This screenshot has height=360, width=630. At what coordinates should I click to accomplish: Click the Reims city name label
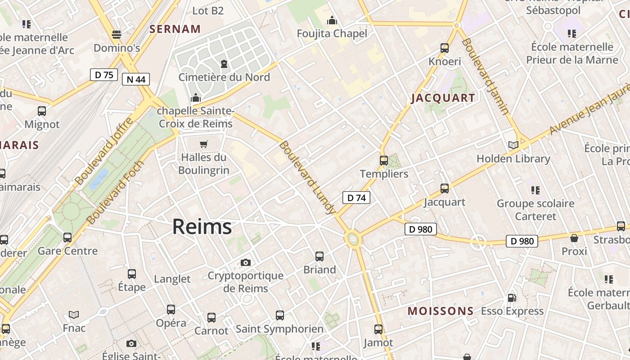[x=202, y=226]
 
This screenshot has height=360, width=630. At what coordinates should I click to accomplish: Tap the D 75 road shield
[x=104, y=75]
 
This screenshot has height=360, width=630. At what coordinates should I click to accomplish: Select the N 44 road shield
[x=136, y=80]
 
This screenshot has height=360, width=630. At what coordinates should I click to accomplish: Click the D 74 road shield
[x=356, y=198]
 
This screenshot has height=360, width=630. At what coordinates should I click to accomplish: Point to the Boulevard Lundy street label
[x=308, y=177]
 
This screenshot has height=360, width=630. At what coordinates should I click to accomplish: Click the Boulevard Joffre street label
[x=104, y=151]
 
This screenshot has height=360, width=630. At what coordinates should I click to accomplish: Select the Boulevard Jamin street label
[x=486, y=76]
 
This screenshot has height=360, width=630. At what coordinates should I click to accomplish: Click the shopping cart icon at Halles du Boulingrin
[x=204, y=144]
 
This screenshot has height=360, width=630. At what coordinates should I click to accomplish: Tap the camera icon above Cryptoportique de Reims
[x=246, y=262]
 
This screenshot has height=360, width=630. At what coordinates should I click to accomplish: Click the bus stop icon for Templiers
[x=384, y=160]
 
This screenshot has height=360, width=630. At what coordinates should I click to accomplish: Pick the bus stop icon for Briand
[x=319, y=256]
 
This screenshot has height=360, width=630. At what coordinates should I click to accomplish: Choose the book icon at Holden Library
[x=513, y=145]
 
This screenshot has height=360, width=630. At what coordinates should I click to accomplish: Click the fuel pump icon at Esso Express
[x=512, y=298]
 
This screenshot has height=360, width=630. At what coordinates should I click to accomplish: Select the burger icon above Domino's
[x=117, y=34]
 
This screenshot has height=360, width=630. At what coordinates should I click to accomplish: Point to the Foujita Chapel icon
[x=332, y=20]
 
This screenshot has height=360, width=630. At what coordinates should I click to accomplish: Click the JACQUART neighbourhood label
[x=443, y=98]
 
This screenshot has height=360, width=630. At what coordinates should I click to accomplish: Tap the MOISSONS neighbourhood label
[x=441, y=311]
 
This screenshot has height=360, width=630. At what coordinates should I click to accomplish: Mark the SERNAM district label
[x=175, y=29]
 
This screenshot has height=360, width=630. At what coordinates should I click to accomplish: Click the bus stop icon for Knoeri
[x=445, y=48]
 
